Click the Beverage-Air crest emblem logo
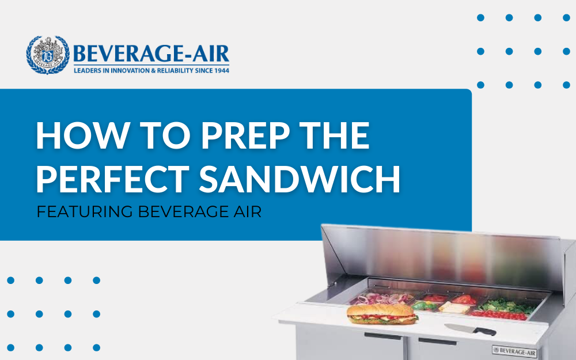(x=48, y=55)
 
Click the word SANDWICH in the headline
(x=300, y=179)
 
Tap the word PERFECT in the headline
(x=112, y=179)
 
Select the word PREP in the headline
(x=245, y=135)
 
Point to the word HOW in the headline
(x=82, y=135)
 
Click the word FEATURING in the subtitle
(x=85, y=211)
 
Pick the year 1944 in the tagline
(x=221, y=70)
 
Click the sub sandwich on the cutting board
(x=382, y=314)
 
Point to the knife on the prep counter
(x=470, y=329)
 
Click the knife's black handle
(x=485, y=331)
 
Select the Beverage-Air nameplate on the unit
(x=514, y=351)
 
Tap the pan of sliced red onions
(x=382, y=298)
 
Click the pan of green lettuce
(x=506, y=306)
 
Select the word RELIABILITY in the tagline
(x=175, y=70)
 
